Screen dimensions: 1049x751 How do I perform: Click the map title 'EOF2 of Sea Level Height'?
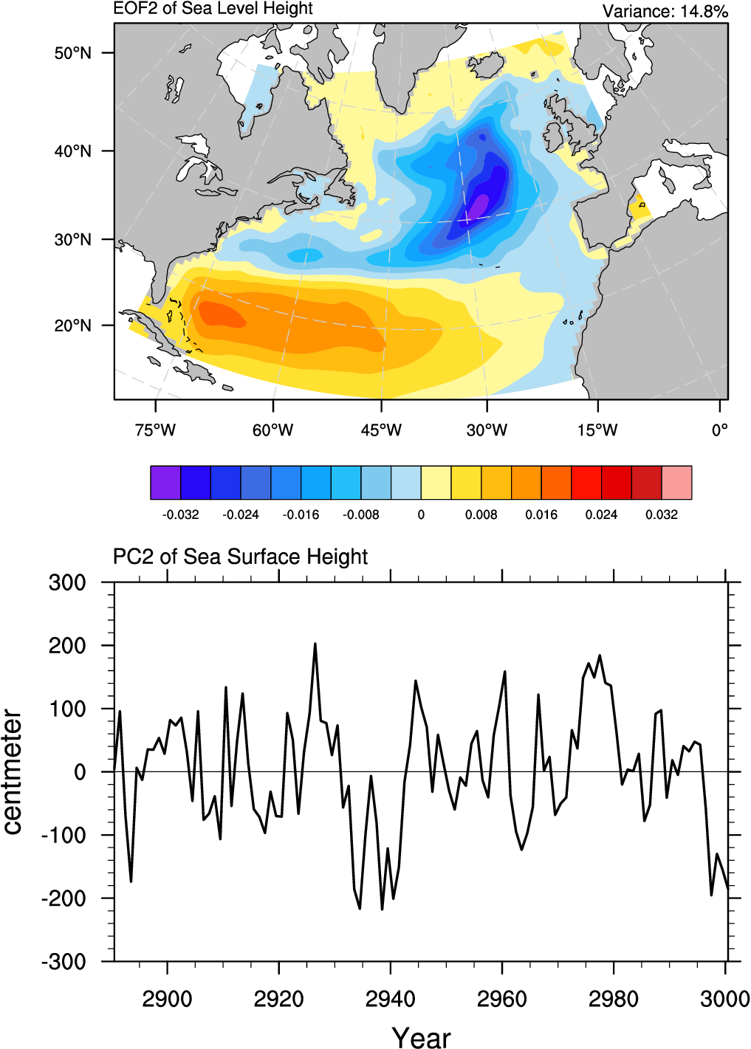[x=213, y=9]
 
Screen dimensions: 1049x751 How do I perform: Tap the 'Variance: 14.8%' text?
[x=665, y=11]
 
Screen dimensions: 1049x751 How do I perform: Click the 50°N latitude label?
[x=72, y=53]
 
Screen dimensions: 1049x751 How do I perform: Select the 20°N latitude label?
[x=72, y=326]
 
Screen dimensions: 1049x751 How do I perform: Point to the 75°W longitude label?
[x=155, y=430]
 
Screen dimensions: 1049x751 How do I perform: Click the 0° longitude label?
[x=719, y=430]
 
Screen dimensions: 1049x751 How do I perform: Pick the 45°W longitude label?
[x=381, y=430]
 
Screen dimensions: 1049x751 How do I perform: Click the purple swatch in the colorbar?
[x=165, y=483]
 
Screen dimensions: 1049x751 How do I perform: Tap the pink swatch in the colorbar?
[x=676, y=483]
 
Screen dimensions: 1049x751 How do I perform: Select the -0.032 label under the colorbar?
[x=180, y=515]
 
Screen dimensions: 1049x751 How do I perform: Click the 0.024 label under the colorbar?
[x=601, y=515]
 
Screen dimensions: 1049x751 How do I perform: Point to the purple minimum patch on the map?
[x=478, y=204]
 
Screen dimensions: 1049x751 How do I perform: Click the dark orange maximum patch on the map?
[x=218, y=314]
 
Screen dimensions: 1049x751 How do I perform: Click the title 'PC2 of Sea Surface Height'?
[x=240, y=557]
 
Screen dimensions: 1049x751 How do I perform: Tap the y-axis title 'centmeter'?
[x=13, y=771]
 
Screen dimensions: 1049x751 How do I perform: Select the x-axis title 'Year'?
[x=421, y=1037]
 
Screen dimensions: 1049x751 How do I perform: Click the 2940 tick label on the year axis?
[x=390, y=1000]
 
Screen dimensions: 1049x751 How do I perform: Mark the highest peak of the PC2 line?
[x=315, y=644]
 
